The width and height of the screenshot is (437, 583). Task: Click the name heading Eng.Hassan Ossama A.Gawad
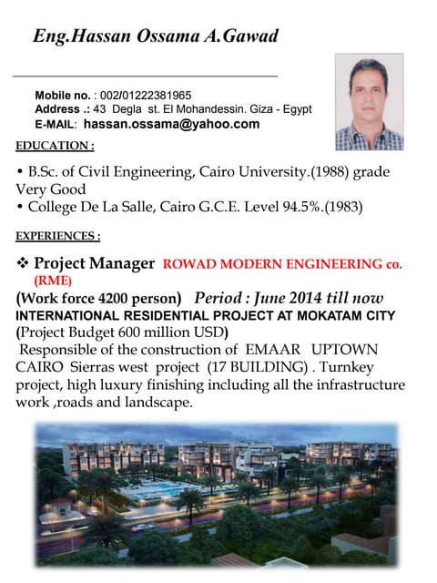tap(155, 36)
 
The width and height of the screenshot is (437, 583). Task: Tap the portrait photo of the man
tap(369, 101)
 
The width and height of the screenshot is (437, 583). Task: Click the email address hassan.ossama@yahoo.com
tap(172, 124)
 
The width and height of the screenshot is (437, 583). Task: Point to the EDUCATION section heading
tap(55, 146)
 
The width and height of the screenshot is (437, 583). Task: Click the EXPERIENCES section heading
tap(58, 237)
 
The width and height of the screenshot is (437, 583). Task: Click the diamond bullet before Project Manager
tap(24, 263)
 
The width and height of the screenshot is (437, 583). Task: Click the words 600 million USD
tap(169, 332)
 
